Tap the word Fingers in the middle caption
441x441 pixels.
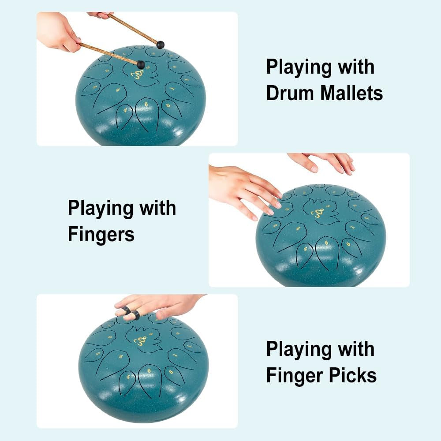[101, 235]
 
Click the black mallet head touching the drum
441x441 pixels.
[141, 65]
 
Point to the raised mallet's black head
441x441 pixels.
[161, 45]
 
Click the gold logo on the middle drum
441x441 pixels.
[317, 213]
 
